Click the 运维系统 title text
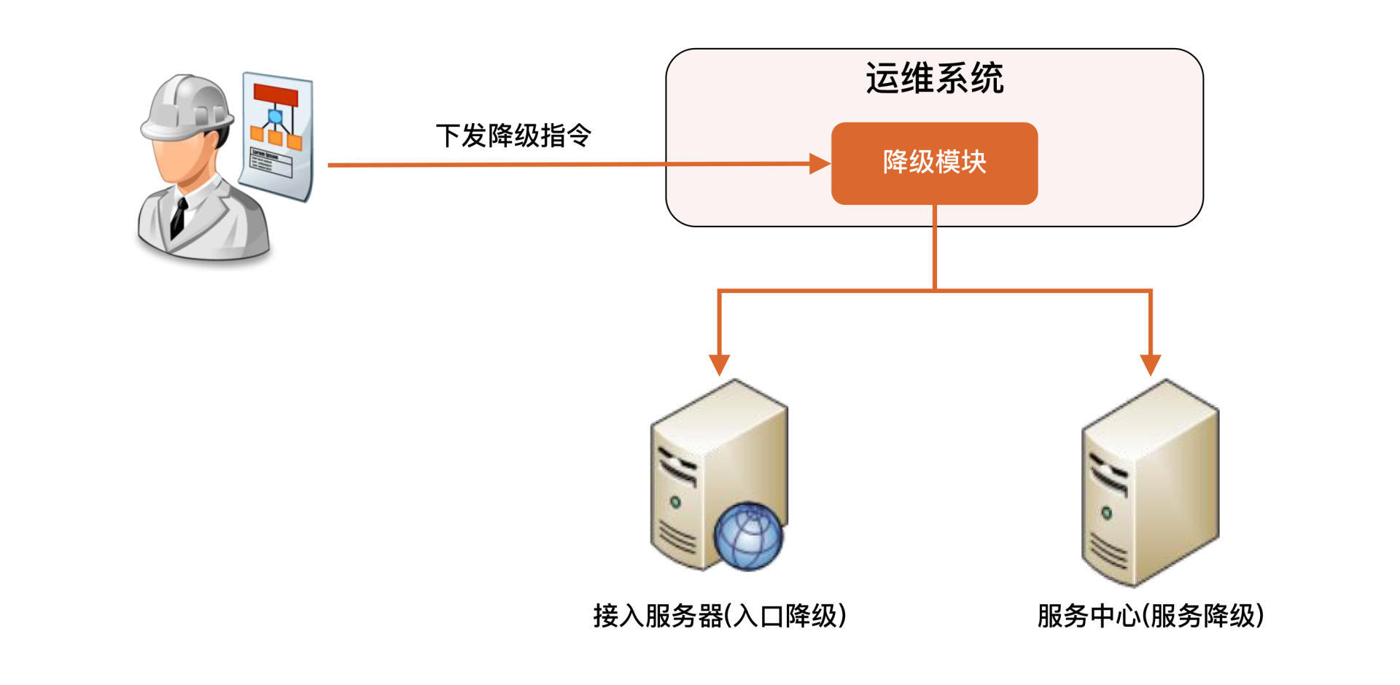[x=934, y=78]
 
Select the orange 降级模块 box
[x=934, y=163]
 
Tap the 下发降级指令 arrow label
[x=513, y=136]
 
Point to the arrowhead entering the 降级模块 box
[x=820, y=164]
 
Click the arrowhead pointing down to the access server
[x=719, y=364]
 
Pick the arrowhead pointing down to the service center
[x=1150, y=364]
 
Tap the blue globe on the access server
[x=748, y=536]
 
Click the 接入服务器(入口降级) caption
[x=719, y=616]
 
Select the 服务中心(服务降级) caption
[x=1150, y=616]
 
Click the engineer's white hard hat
[x=186, y=106]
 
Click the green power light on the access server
[x=675, y=501]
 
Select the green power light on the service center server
[x=1106, y=512]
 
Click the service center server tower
[x=1150, y=481]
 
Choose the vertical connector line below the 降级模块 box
[x=934, y=248]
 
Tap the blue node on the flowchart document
[x=275, y=117]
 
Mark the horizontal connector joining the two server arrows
[x=934, y=291]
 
